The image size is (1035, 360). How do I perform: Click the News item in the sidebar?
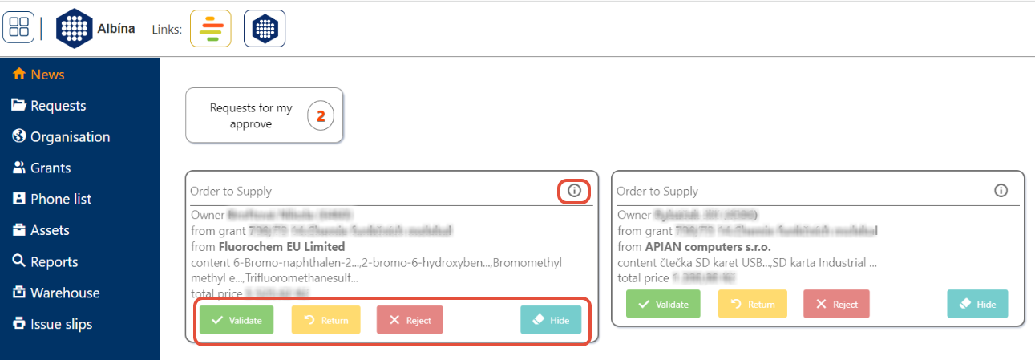[x=46, y=75]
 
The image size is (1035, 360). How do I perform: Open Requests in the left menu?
[x=58, y=106]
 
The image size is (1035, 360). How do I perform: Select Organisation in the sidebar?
[x=70, y=137]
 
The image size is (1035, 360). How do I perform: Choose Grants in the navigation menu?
[x=51, y=168]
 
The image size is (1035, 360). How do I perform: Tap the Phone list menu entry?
[x=61, y=199]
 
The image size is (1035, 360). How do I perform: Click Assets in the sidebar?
[x=50, y=230]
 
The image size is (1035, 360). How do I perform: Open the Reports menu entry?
[x=54, y=261]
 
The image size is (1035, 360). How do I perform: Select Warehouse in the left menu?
[x=65, y=293]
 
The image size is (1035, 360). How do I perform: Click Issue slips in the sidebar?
[x=61, y=324]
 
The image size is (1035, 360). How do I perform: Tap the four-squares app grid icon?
[x=18, y=28]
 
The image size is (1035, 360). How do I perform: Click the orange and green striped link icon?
[x=211, y=29]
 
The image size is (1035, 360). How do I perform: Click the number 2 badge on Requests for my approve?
[x=321, y=116]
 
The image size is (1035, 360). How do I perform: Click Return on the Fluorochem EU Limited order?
[x=326, y=320]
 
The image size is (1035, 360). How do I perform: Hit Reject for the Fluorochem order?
[x=410, y=320]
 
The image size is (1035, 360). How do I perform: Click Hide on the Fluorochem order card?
[x=551, y=320]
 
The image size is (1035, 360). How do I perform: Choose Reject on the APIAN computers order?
[x=836, y=305]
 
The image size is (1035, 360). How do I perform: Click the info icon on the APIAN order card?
[x=1001, y=191]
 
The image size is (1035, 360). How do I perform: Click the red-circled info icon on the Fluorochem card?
[x=574, y=191]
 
